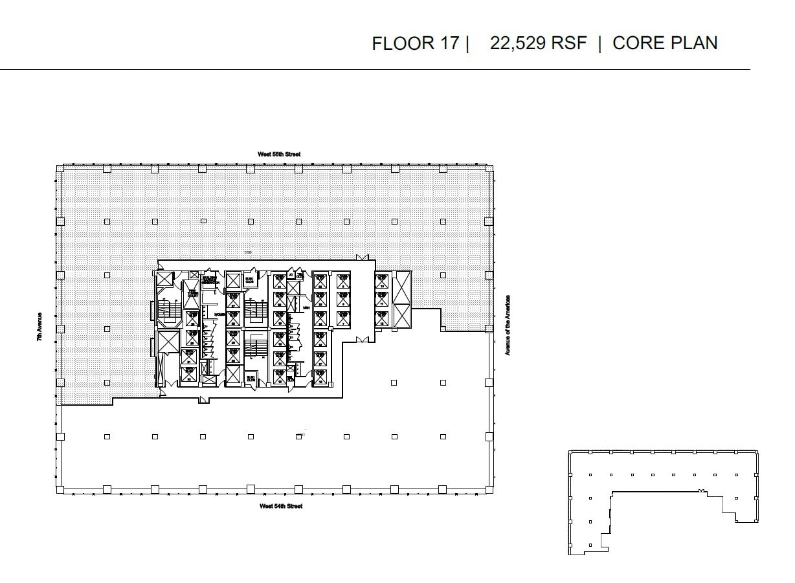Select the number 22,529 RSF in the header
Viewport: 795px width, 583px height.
point(538,43)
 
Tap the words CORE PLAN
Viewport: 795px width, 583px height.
point(665,43)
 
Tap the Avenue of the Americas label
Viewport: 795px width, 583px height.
point(508,325)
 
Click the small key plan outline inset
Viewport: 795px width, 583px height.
point(663,501)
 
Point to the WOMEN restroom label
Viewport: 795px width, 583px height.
point(219,314)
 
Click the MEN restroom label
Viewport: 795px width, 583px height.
point(306,308)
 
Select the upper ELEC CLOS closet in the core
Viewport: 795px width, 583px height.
point(249,281)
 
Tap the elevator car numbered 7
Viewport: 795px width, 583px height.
point(343,318)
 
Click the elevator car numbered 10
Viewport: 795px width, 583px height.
point(381,281)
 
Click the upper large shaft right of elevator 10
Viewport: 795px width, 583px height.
point(401,287)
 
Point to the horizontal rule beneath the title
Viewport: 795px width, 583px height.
point(375,69)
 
